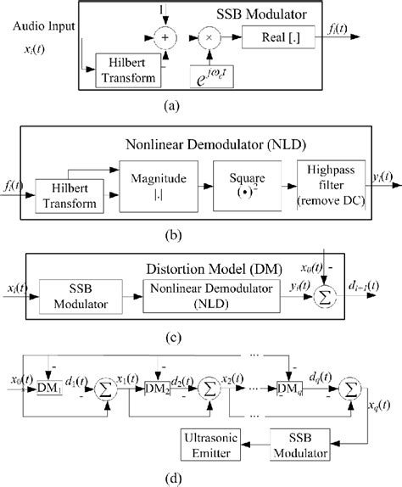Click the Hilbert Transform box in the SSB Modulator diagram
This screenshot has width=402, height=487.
[x=126, y=70]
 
